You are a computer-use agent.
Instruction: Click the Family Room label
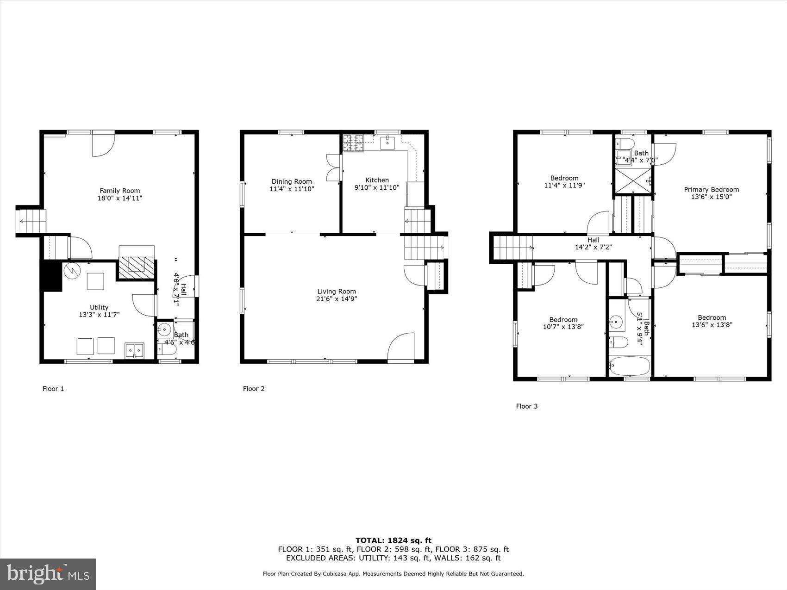pos(120,191)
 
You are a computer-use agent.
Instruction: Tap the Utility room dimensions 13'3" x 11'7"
pos(99,315)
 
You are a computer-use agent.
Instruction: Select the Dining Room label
pos(292,181)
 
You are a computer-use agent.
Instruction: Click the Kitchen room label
pos(377,180)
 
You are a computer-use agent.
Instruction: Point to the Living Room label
pos(337,292)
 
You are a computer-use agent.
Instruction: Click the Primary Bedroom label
pos(712,189)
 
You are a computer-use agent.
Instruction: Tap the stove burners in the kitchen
pos(353,143)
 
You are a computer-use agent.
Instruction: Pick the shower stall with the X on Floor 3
pos(632,180)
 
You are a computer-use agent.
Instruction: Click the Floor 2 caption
pos(254,389)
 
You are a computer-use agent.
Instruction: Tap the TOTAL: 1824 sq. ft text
pos(393,540)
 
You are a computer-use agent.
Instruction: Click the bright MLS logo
pos(48,574)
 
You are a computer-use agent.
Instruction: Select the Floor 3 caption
pos(527,406)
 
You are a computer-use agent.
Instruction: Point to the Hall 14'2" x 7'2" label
pos(593,243)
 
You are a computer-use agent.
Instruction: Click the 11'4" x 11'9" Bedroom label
pos(564,182)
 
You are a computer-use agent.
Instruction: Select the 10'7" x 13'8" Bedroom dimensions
pos(563,327)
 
